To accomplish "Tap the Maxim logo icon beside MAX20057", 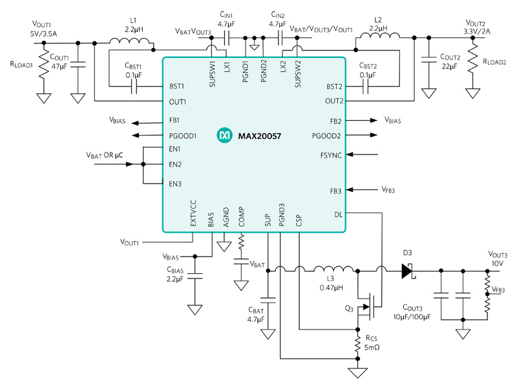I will tap(225, 136).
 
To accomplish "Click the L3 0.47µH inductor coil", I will tap(334, 269).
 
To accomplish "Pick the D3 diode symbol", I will tap(406, 270).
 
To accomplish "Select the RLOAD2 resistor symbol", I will tap(474, 63).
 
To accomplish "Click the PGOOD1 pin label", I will tap(183, 136).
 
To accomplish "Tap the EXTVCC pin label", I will tap(193, 213).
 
